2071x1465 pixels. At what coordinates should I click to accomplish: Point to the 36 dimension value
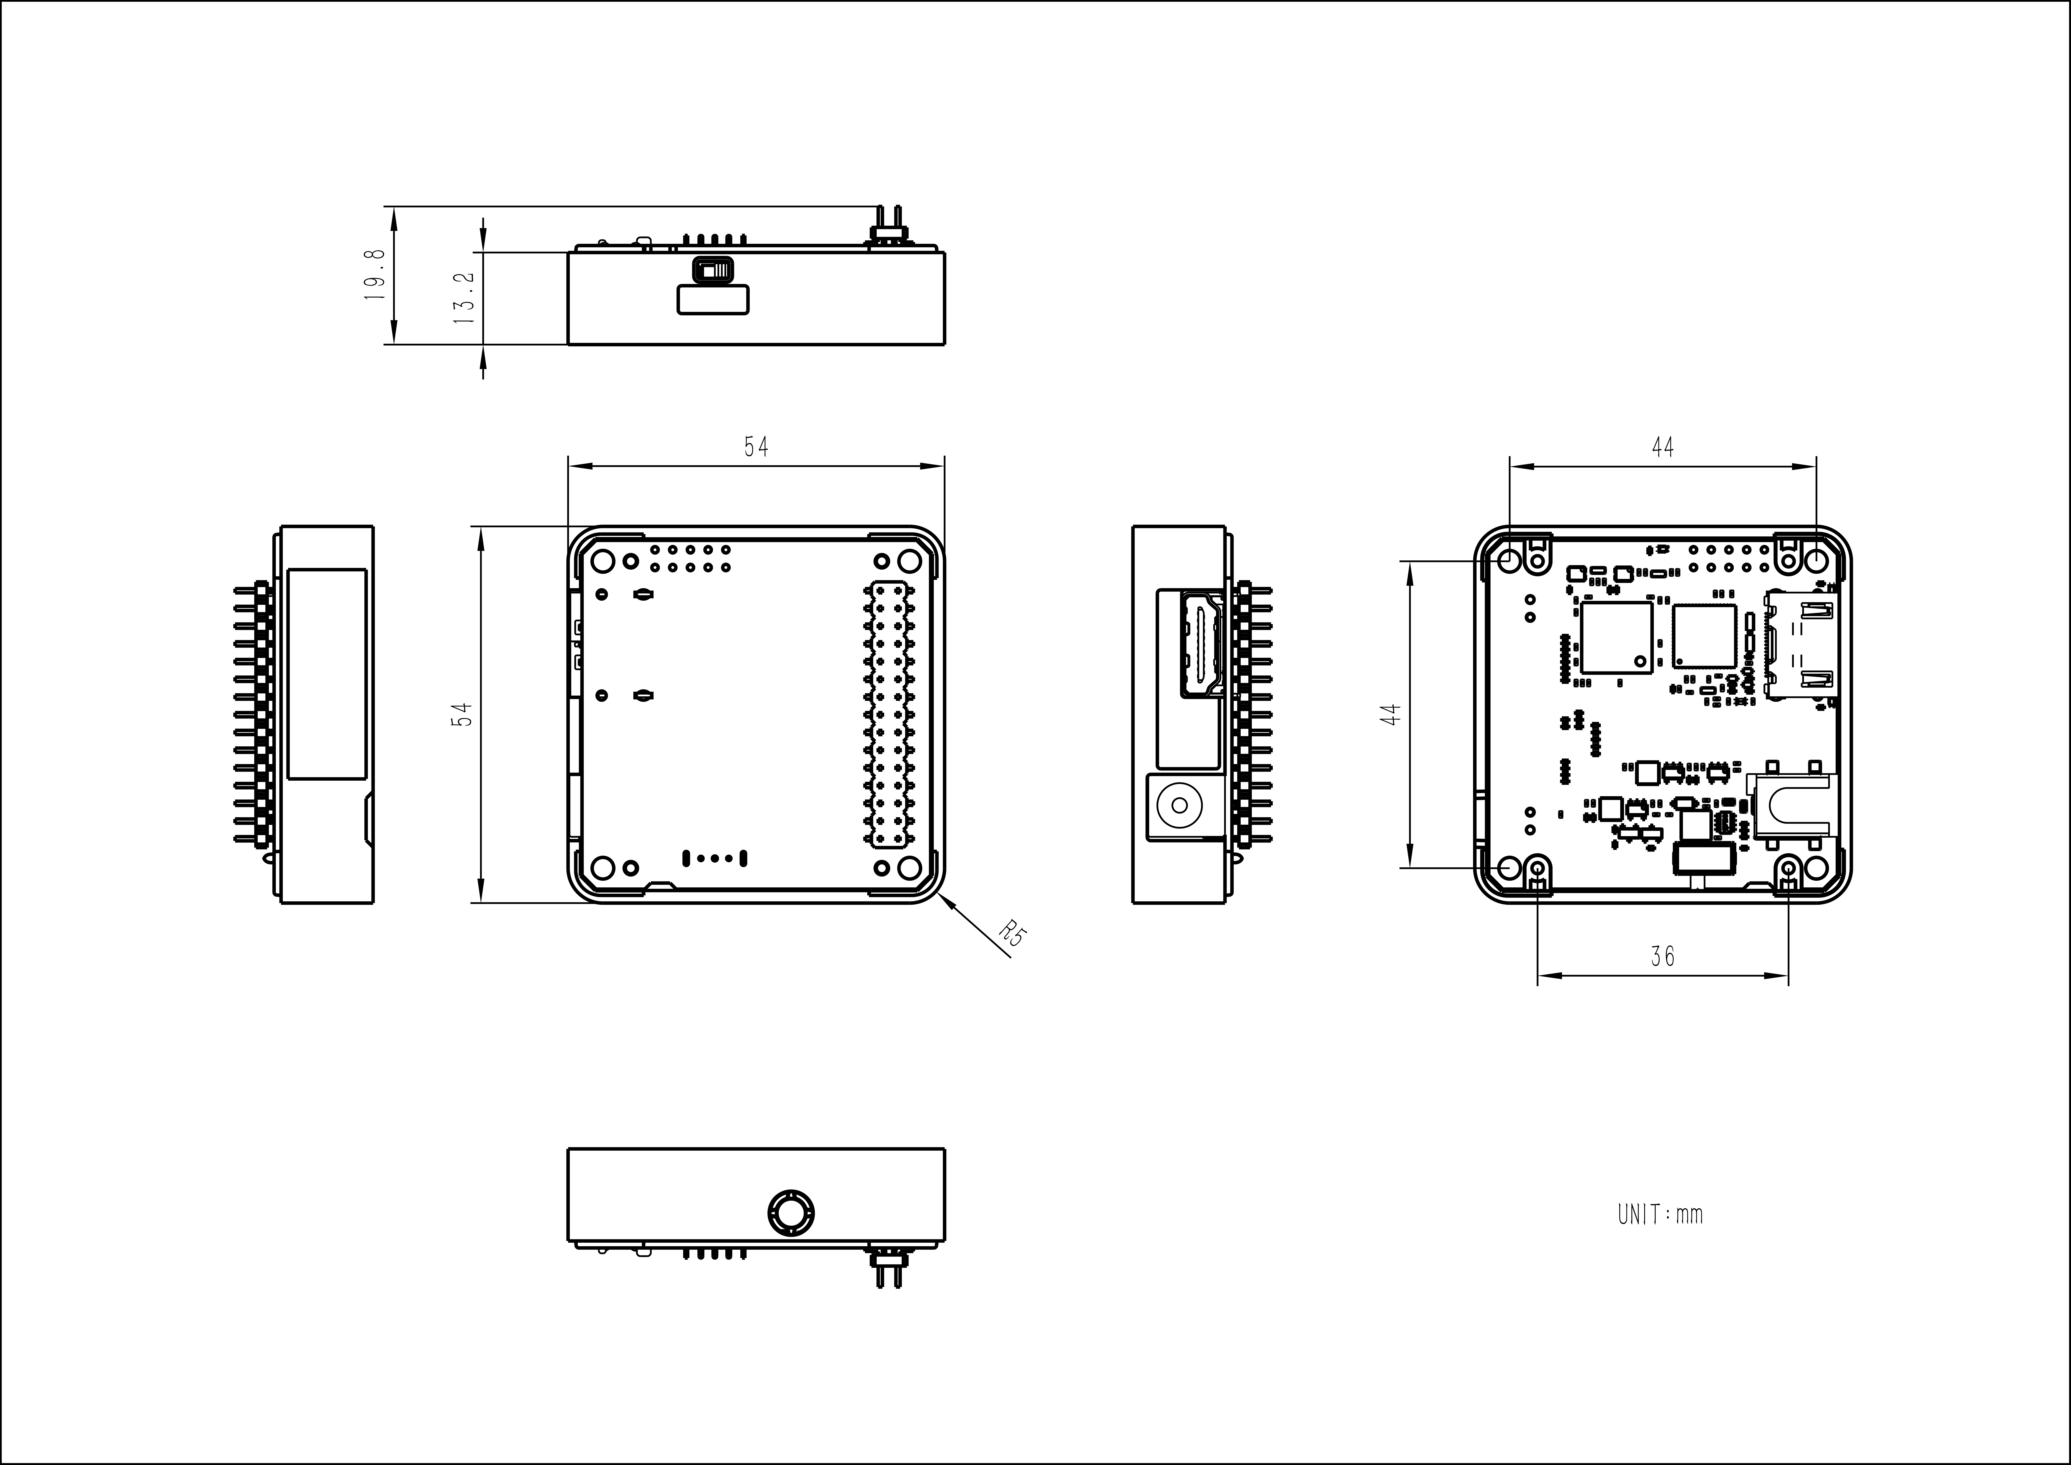[1662, 955]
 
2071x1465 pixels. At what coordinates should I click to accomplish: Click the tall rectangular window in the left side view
[327, 674]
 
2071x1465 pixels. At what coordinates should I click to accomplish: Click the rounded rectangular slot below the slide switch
[713, 299]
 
